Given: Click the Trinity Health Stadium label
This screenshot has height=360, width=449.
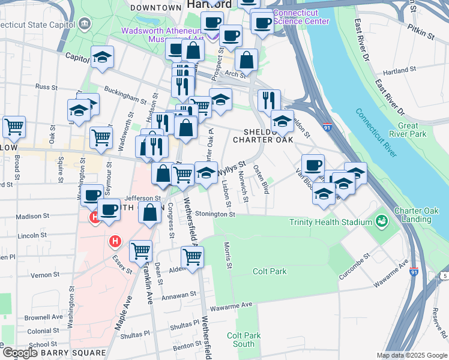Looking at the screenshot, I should coord(331,222).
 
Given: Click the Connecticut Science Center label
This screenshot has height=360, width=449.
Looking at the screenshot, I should coord(301,17).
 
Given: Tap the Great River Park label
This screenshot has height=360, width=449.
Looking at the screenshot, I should coord(424,130).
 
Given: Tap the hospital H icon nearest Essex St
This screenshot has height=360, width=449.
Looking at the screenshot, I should coord(115,242).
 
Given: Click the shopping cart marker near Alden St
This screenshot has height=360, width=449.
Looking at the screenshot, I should coord(192,257).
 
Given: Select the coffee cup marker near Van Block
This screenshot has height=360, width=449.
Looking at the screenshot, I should coord(312,164).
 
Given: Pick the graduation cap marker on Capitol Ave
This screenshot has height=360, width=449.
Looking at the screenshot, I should coord(103,57).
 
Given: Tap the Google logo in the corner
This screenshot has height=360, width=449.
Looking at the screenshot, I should coord(19,353).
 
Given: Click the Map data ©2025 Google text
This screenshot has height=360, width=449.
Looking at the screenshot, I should coord(412,355).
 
